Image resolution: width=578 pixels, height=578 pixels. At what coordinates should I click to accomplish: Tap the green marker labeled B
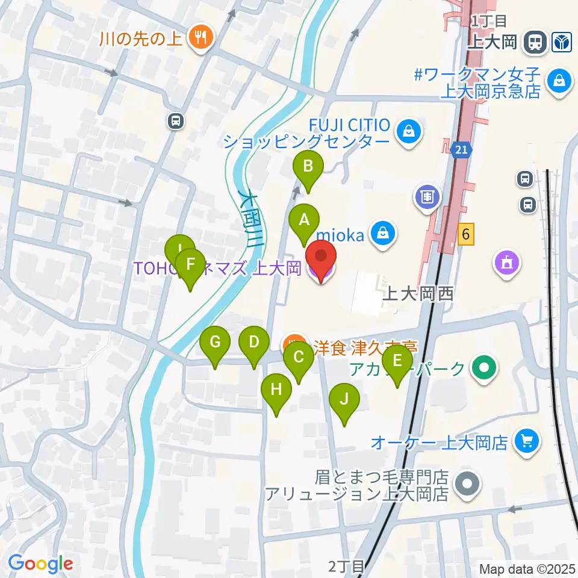click(x=308, y=166)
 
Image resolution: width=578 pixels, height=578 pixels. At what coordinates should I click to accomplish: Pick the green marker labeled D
click(x=253, y=343)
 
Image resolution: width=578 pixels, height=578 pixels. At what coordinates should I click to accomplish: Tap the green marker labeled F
click(x=191, y=265)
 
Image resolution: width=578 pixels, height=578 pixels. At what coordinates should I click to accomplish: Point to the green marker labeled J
click(x=344, y=399)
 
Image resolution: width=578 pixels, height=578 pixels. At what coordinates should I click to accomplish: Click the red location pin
click(x=322, y=258)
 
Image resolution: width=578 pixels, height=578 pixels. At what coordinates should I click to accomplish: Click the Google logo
click(x=40, y=564)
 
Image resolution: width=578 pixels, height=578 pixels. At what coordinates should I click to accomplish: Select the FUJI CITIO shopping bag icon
click(x=409, y=130)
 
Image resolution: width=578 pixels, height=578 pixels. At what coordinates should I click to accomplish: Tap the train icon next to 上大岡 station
click(x=533, y=42)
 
